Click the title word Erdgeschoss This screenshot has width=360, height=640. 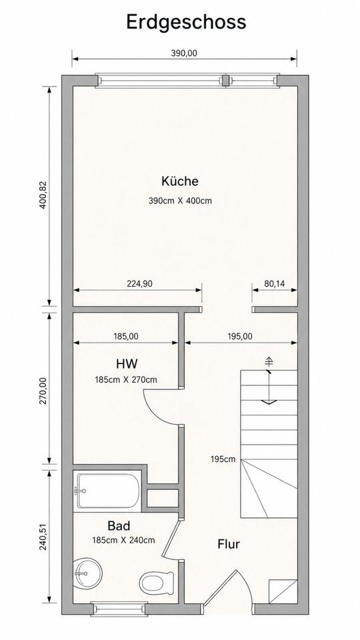(186, 22)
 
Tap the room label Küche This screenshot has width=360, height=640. (179, 181)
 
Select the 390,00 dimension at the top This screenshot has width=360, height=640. (184, 53)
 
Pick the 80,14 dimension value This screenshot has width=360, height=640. (274, 283)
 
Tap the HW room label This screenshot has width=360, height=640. (127, 363)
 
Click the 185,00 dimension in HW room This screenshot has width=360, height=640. (125, 336)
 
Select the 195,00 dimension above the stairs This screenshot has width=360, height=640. (239, 336)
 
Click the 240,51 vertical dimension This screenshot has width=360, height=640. (44, 536)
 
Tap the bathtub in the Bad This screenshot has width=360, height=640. (108, 491)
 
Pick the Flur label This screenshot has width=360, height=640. (229, 544)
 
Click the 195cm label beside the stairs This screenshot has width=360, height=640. (223, 459)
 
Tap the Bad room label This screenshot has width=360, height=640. (119, 525)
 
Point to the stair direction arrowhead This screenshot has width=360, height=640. (269, 402)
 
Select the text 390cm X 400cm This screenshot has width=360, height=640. (180, 201)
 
